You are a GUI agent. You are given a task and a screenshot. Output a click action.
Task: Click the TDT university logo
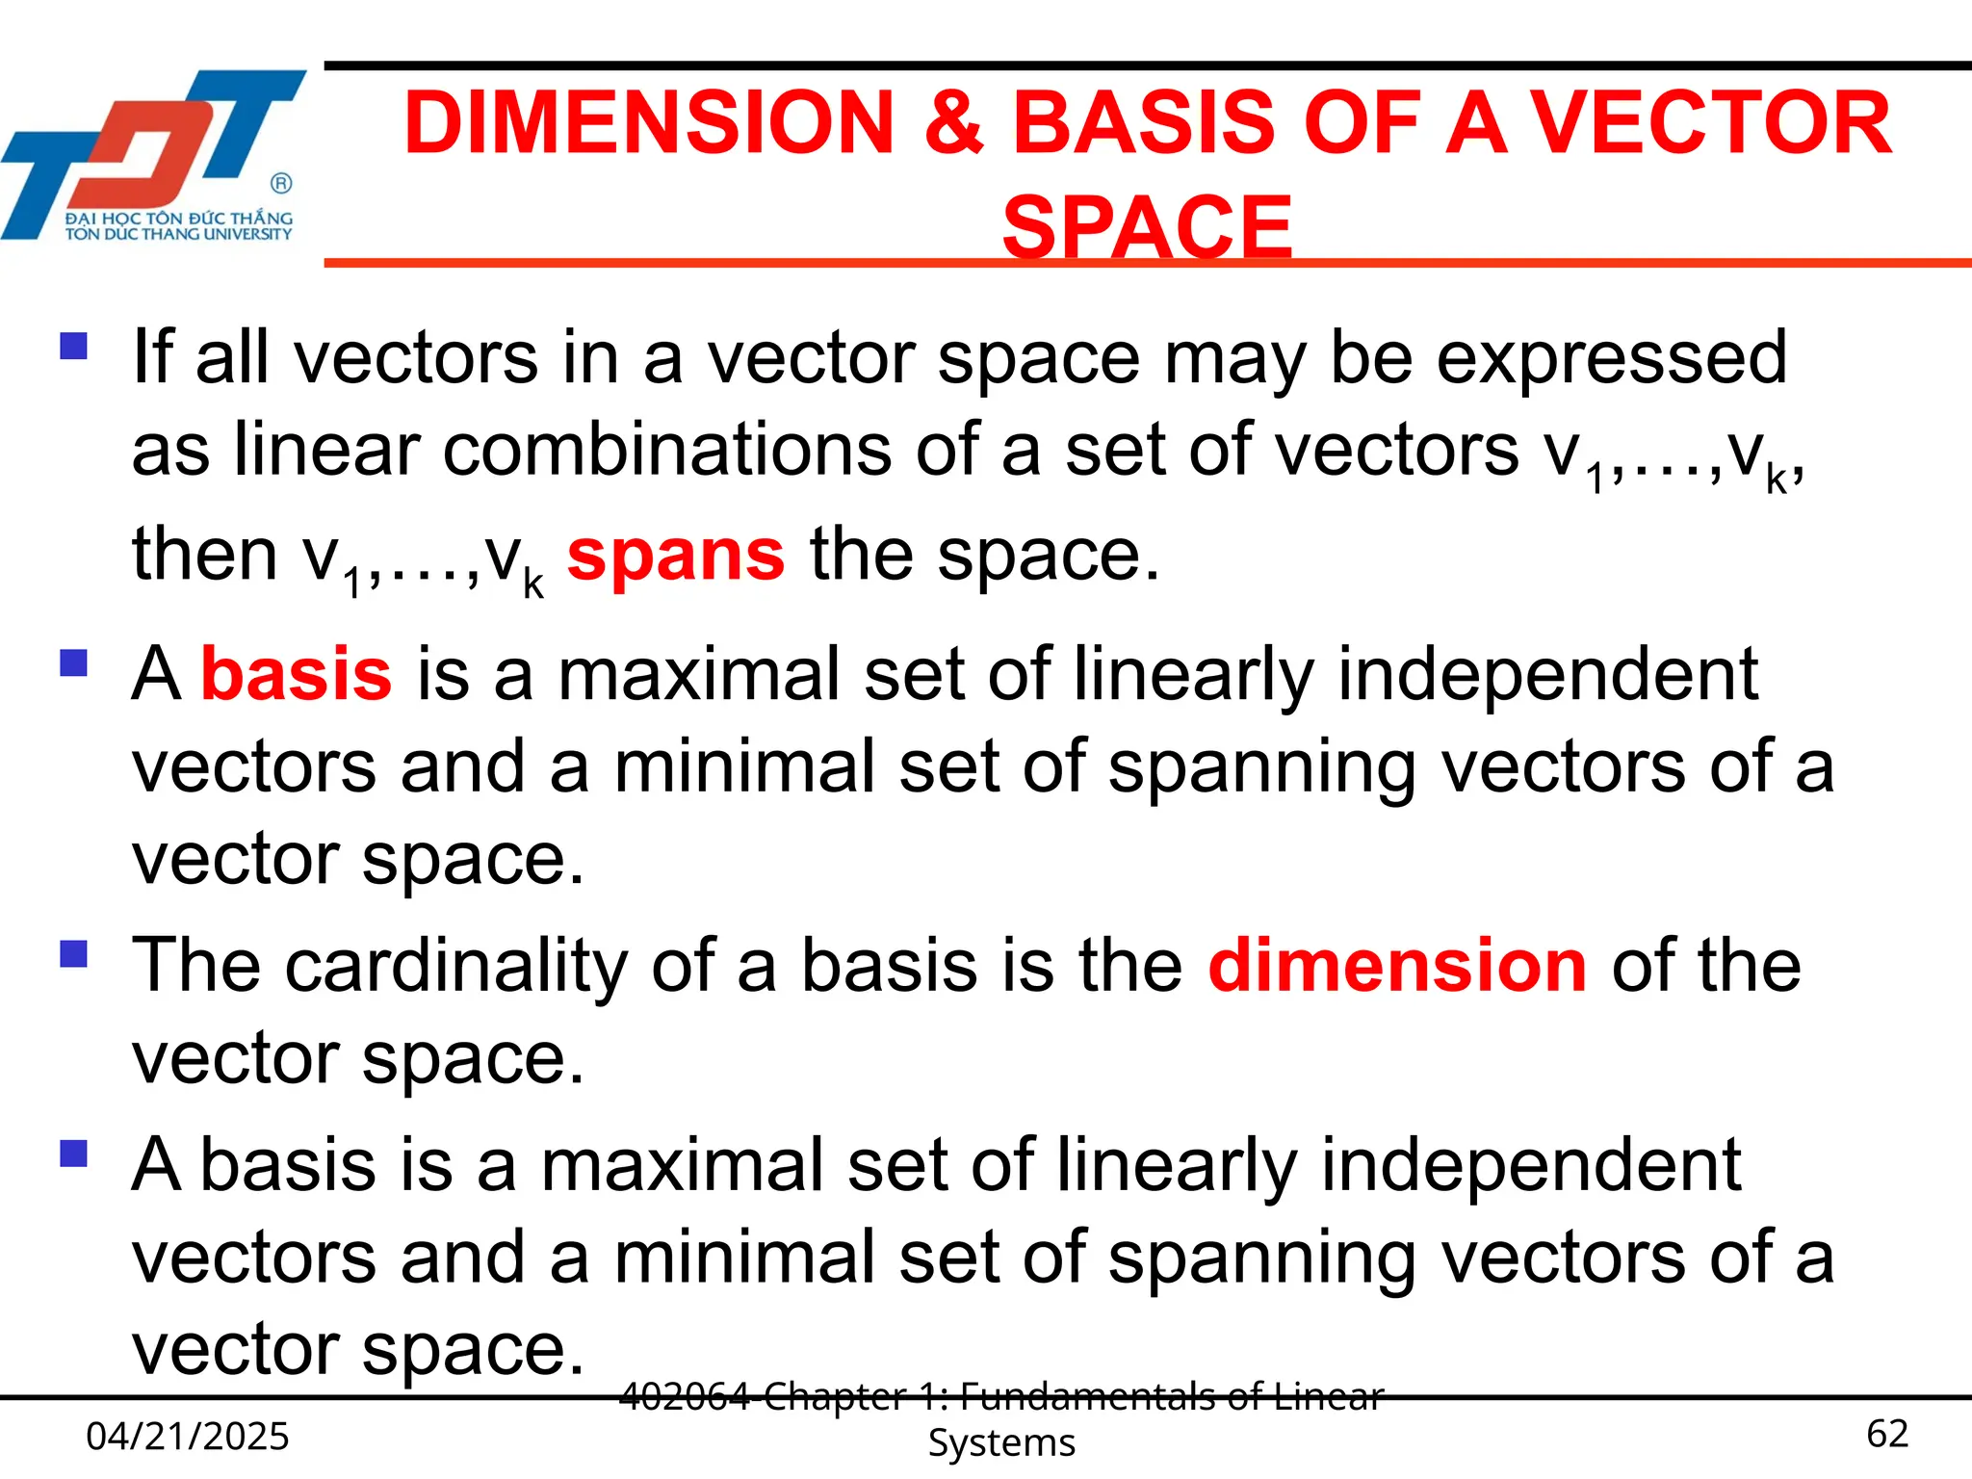[154, 154]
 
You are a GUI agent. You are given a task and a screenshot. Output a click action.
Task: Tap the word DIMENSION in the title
[650, 122]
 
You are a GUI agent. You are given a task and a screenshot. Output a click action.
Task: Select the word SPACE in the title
[1147, 227]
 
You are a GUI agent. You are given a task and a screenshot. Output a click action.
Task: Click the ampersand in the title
[954, 122]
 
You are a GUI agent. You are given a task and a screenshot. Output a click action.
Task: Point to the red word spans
[676, 556]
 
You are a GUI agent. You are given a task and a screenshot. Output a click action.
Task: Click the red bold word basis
[297, 674]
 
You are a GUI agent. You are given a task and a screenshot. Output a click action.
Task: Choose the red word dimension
[1397, 966]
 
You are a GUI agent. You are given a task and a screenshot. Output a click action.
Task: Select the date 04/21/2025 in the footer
[188, 1436]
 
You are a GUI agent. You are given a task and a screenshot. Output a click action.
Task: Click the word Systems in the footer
[1001, 1442]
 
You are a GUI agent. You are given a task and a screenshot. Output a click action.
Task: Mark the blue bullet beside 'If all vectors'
[74, 346]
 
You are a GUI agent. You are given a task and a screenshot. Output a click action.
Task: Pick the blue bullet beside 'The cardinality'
[74, 953]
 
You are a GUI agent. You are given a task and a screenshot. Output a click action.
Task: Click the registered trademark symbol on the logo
[281, 183]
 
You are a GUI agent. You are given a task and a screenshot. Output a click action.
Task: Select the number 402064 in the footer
[685, 1396]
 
